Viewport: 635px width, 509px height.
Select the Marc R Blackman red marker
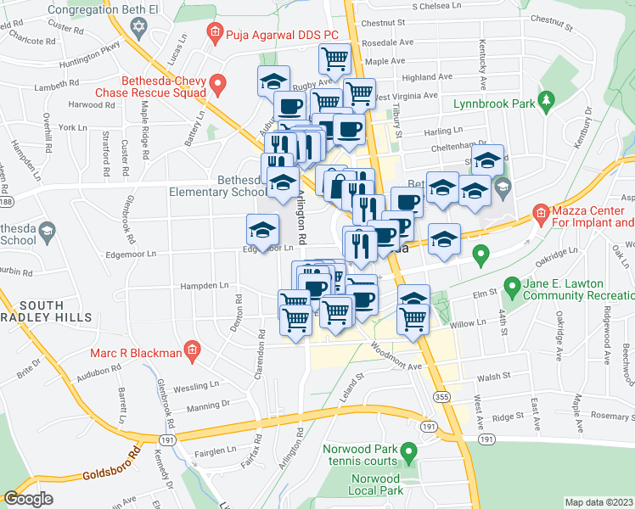pos(193,350)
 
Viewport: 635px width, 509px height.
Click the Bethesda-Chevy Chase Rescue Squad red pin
pos(218,84)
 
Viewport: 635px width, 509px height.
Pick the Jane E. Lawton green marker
pos(512,286)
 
